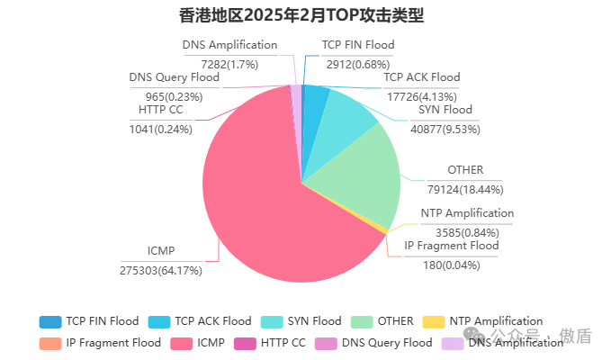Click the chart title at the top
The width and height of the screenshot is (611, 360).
[x=301, y=15]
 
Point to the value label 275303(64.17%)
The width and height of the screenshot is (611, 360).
[x=161, y=270]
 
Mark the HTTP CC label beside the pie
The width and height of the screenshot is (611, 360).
[x=161, y=110]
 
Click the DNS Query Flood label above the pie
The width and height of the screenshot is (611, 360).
[x=175, y=77]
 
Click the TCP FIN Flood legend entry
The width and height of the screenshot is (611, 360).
[x=90, y=321]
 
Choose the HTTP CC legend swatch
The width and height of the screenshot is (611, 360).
[x=245, y=343]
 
